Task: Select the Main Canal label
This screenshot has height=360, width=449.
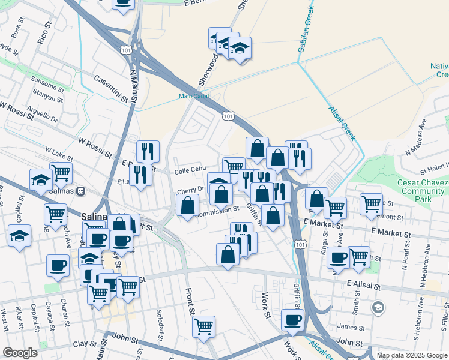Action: (x=191, y=96)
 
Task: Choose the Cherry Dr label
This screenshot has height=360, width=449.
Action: (x=191, y=190)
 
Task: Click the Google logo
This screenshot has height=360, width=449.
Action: (x=20, y=353)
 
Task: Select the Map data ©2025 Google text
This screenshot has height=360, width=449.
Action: (x=411, y=355)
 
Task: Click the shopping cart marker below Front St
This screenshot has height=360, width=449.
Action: (x=204, y=326)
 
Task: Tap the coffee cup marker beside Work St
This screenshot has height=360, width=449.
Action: (x=292, y=320)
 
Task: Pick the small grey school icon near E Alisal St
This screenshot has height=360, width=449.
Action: (x=378, y=308)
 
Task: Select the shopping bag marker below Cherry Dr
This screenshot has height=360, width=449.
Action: (x=188, y=205)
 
